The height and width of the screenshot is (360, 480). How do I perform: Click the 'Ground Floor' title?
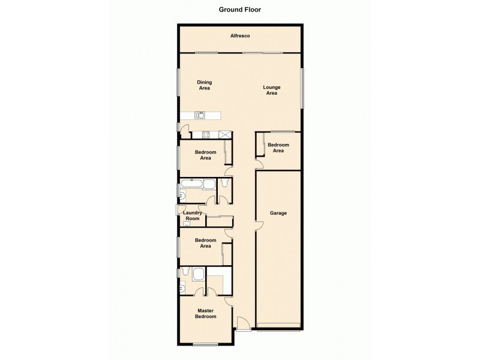tap(239, 10)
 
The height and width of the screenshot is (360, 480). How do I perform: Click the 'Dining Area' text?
tap(205, 85)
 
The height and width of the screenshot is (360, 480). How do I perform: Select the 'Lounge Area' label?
tap(272, 90)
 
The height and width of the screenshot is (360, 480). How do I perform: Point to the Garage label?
tap(278, 213)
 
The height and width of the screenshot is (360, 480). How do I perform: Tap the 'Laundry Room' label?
tap(191, 215)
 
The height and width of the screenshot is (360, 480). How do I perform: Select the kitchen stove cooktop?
tap(205, 134)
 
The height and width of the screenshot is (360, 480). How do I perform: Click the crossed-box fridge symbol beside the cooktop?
tap(225, 134)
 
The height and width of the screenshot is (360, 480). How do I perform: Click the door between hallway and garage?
tap(258, 224)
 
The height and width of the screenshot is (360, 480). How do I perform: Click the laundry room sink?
tap(185, 224)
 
